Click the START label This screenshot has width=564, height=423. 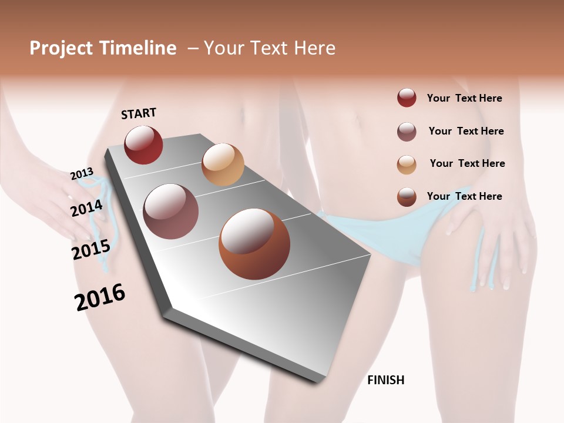(x=139, y=113)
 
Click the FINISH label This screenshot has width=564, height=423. (x=385, y=380)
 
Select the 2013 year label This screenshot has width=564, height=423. (x=82, y=174)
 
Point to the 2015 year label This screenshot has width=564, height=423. (x=90, y=250)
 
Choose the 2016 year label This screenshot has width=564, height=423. (x=100, y=297)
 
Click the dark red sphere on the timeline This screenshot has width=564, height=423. (x=143, y=145)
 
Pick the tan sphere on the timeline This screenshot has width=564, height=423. (x=223, y=164)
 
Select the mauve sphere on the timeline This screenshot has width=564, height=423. (x=170, y=211)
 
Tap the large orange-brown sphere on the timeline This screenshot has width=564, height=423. (x=254, y=244)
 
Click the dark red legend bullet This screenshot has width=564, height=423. (x=407, y=98)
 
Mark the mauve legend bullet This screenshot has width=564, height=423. (x=407, y=132)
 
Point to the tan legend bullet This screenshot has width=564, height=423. (x=407, y=164)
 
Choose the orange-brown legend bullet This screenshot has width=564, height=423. (x=407, y=197)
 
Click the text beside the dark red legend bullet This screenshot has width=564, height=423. (x=464, y=98)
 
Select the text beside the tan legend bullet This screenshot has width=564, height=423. (x=467, y=163)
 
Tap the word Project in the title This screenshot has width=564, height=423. (x=61, y=48)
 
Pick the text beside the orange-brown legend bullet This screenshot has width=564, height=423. (x=464, y=196)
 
